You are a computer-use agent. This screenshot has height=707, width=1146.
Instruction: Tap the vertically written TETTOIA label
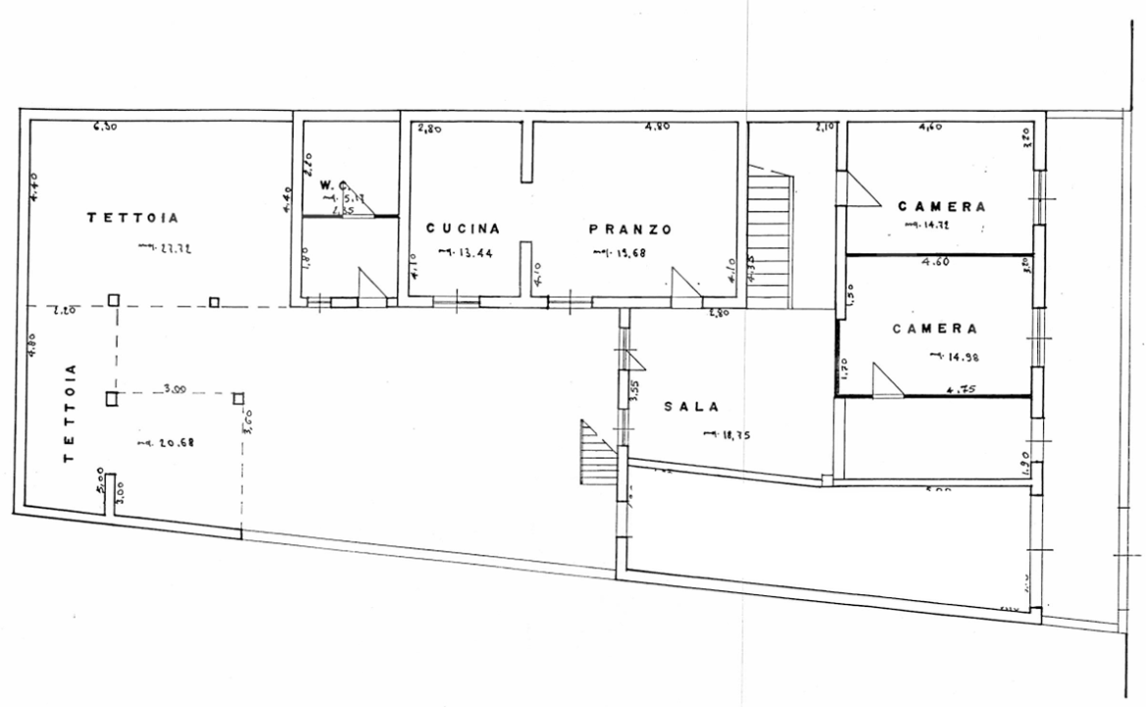[x=70, y=414]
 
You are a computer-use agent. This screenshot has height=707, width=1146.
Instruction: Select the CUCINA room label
[x=464, y=229]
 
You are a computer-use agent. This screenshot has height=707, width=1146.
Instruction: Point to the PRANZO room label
[x=629, y=229]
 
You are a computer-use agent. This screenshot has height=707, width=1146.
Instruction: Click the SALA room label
[x=691, y=406]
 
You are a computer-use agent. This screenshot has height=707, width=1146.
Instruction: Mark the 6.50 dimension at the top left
[x=106, y=127]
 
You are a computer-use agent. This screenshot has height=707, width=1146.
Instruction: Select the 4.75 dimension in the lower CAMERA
[x=959, y=389]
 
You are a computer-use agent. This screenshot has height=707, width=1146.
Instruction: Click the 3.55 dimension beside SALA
[x=633, y=392]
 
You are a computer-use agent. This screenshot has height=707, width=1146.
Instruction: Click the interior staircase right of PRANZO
[x=770, y=236]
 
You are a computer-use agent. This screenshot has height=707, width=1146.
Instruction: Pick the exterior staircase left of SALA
[x=597, y=453]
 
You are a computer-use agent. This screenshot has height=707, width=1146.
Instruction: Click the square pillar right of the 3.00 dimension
[x=238, y=398]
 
